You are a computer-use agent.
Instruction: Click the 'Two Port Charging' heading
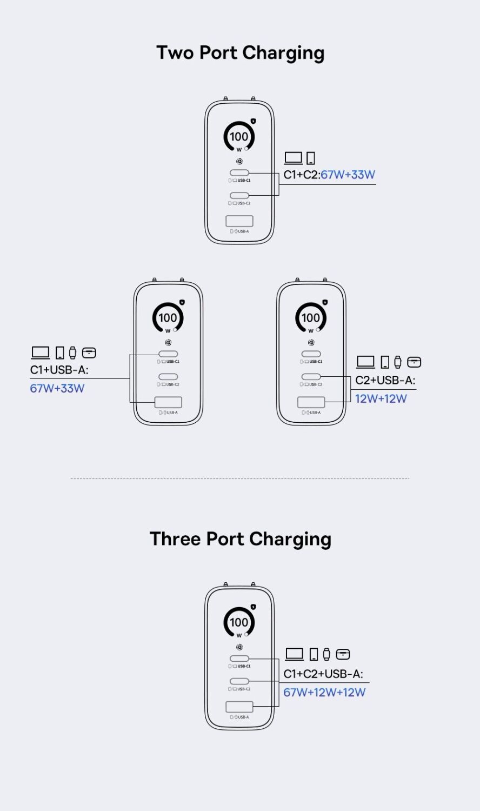click(x=240, y=53)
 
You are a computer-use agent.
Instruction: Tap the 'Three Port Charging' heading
click(x=241, y=539)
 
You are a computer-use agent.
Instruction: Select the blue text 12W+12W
click(x=381, y=398)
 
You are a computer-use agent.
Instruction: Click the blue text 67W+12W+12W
click(x=324, y=692)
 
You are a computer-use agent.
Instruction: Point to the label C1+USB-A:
click(x=59, y=370)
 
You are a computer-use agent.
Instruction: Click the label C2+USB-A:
click(x=385, y=380)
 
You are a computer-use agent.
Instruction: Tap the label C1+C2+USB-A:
click(x=323, y=674)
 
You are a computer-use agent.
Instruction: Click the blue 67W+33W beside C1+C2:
click(x=348, y=175)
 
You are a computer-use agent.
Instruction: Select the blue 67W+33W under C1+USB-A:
click(x=57, y=388)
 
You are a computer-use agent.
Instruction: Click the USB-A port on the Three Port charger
click(x=239, y=706)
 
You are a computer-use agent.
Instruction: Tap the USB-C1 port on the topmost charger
click(x=239, y=172)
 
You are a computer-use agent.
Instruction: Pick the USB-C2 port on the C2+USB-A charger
click(x=311, y=376)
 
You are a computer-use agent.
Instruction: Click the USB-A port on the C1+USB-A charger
click(x=168, y=402)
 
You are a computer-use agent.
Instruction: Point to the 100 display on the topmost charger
click(x=239, y=136)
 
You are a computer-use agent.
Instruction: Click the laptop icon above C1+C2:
click(x=293, y=158)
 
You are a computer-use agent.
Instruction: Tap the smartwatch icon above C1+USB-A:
click(x=73, y=353)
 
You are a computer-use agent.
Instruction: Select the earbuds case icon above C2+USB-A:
click(x=414, y=362)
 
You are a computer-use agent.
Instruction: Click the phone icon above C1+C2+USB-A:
click(x=314, y=654)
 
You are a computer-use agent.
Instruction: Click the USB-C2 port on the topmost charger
click(x=239, y=196)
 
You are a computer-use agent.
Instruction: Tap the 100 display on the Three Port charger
click(x=239, y=622)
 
